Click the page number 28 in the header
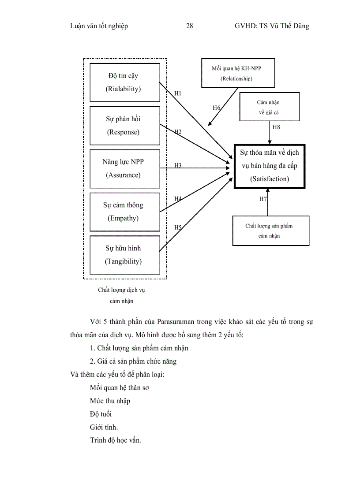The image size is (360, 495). click(190, 26)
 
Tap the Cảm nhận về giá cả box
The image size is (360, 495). click(269, 107)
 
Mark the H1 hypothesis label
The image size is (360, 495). click(178, 93)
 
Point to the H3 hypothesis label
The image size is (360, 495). click(178, 165)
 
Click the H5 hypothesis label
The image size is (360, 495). click(178, 227)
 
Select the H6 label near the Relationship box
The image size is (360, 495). click(216, 108)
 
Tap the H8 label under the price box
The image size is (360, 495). click(276, 127)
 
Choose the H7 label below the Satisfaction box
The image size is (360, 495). click(263, 199)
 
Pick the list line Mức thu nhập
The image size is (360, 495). click(110, 401)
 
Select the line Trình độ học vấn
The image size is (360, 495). click(115, 440)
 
